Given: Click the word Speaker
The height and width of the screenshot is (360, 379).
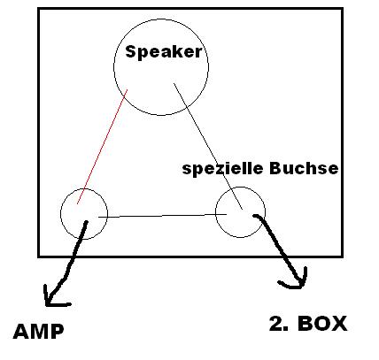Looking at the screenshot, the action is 164,52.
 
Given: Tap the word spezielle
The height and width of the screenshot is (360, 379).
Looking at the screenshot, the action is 223,169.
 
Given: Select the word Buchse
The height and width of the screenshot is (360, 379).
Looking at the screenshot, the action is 304,168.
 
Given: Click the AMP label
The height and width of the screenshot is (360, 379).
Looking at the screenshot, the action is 38,332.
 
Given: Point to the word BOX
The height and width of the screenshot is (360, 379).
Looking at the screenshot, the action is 322,324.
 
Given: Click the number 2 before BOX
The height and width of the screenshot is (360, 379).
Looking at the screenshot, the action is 276,324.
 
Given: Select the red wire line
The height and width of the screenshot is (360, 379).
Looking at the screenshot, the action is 102,147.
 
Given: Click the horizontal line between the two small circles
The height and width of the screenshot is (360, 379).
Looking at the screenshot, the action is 162,216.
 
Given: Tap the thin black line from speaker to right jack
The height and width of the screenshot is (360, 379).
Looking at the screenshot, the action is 208,146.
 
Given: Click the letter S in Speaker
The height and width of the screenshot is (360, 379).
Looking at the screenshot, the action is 130,51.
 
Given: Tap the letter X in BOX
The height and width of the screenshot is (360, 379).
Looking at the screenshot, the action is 339,324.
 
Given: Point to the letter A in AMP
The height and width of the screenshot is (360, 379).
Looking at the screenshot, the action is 20,332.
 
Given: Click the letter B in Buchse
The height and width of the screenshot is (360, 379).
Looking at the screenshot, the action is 275,168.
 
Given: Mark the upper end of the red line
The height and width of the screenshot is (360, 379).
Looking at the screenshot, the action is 128,89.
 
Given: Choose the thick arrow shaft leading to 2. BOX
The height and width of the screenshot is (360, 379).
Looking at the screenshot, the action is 281,248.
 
